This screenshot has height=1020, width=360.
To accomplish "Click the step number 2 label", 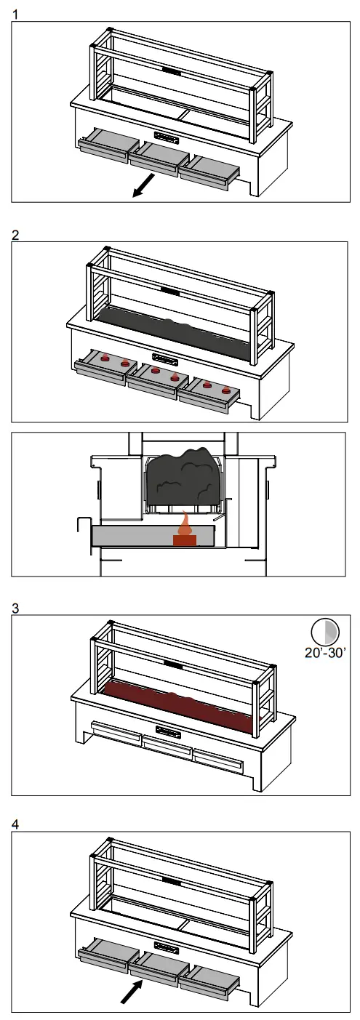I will [x=16, y=235].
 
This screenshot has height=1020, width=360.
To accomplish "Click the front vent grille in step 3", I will [x=167, y=730].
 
